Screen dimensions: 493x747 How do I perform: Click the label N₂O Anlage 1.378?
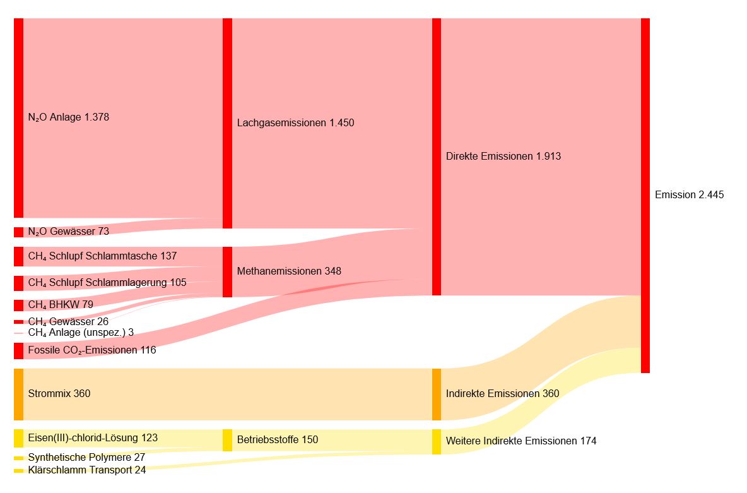[69, 117]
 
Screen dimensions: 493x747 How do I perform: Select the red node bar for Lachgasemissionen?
[227, 123]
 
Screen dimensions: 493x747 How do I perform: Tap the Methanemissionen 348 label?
[289, 271]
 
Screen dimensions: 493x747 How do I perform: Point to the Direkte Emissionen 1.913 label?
[503, 157]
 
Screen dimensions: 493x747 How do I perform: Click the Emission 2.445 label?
[689, 195]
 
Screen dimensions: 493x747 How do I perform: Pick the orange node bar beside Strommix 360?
[18, 394]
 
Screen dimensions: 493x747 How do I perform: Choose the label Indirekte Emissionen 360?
[502, 394]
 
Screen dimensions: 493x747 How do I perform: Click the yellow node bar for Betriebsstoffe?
[227, 440]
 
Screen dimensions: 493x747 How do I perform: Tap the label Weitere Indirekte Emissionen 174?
[521, 441]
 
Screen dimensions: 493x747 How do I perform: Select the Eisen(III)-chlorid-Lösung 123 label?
[93, 437]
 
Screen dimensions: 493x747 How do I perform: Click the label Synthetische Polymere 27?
[86, 457]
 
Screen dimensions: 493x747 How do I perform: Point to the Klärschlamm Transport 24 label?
[86, 470]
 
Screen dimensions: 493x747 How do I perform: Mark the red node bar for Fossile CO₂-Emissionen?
[18, 350]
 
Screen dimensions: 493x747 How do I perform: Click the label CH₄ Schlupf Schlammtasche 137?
[102, 256]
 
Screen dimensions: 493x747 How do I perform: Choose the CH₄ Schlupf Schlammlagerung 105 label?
[107, 282]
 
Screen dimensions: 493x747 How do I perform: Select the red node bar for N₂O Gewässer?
[18, 232]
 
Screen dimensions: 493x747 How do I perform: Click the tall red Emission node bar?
[645, 195]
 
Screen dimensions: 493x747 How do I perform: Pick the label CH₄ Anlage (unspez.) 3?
[81, 332]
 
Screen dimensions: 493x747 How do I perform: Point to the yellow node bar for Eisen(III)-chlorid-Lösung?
[18, 437]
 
